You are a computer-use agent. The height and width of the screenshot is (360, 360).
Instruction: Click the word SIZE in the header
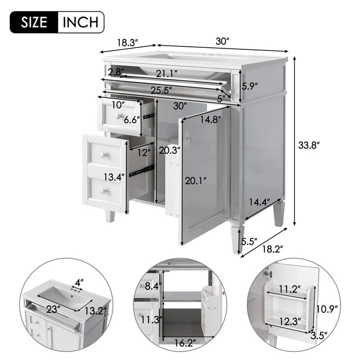coord(34,22)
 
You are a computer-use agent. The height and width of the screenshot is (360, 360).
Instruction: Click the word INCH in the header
coord(80,22)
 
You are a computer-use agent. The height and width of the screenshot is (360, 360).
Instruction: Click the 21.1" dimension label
coord(168,73)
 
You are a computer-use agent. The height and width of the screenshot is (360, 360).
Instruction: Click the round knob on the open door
coord(189,139)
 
